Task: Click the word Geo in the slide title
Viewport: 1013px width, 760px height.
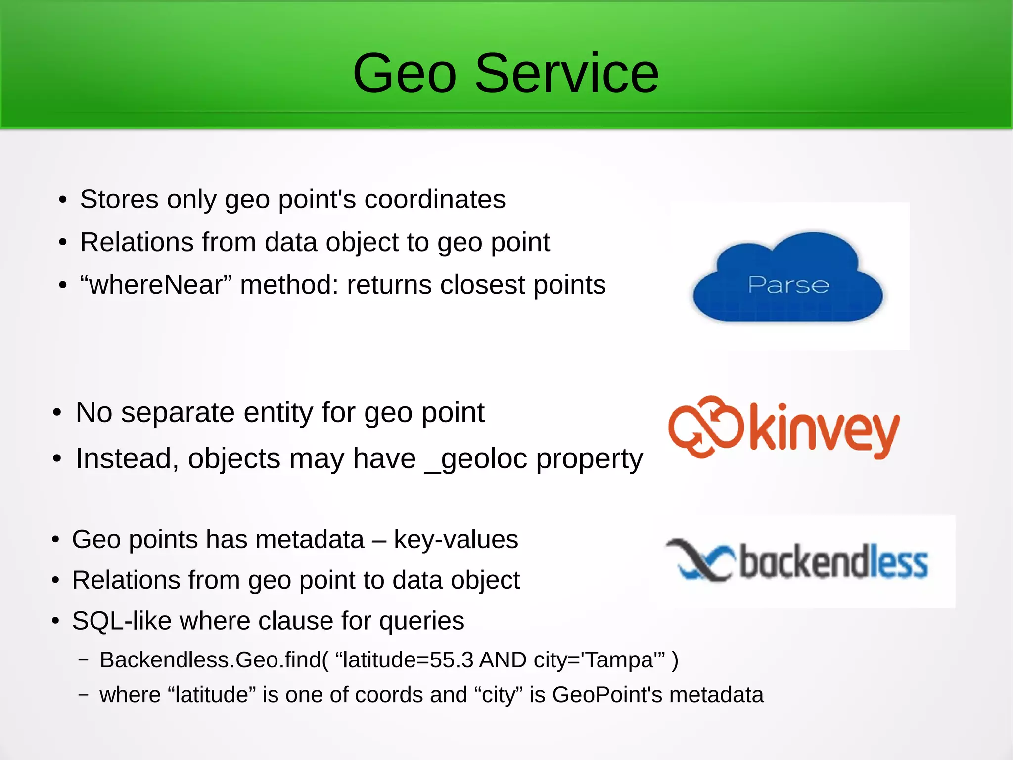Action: pyautogui.click(x=404, y=74)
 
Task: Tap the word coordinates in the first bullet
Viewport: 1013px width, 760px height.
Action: pyautogui.click(x=435, y=200)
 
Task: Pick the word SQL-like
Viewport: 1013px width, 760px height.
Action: pyautogui.click(x=121, y=621)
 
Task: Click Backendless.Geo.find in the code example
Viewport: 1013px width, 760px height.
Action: pyautogui.click(x=210, y=660)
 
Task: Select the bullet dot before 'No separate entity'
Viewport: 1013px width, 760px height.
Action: pyautogui.click(x=57, y=413)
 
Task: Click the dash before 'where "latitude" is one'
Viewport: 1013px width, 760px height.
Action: pyautogui.click(x=84, y=695)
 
